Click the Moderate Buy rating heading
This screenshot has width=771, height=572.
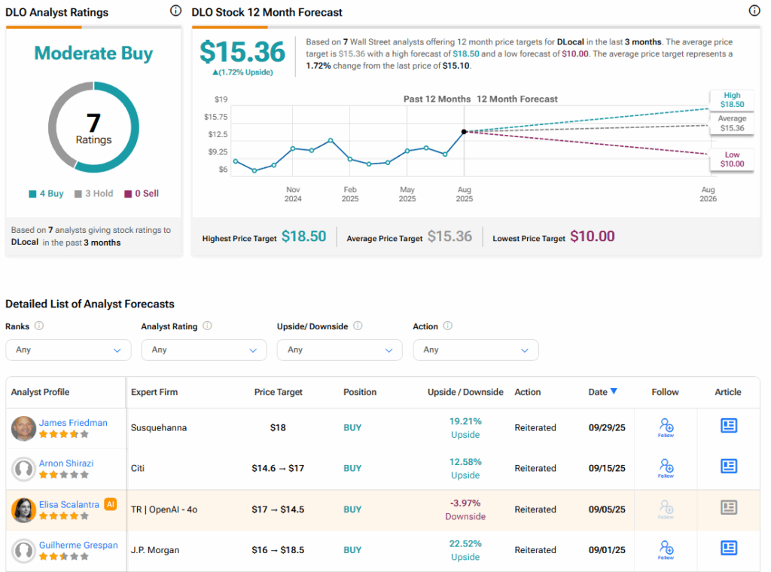coord(93,54)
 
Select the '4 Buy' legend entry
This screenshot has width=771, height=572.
coord(46,194)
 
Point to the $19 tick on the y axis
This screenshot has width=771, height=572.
coord(221,99)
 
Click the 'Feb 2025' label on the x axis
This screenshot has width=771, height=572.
coord(350,194)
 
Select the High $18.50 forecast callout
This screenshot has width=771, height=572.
coord(732,100)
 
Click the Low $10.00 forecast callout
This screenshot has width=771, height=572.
coord(732,159)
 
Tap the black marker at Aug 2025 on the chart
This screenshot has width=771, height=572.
coord(464,131)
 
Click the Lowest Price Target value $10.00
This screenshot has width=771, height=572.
coord(592,237)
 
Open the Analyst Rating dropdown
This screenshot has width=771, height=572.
coord(203,350)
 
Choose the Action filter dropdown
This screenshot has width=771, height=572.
coord(476,350)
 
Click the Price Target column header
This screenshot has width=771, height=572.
coord(279,392)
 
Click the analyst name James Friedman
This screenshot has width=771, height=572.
coord(73,423)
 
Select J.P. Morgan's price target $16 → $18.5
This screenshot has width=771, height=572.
coord(279,550)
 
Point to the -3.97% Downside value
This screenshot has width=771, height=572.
coord(465,509)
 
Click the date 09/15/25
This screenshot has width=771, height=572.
coord(607,468)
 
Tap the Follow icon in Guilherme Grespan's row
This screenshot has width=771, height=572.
coord(666,549)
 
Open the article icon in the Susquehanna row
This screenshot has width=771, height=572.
coord(728,427)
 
